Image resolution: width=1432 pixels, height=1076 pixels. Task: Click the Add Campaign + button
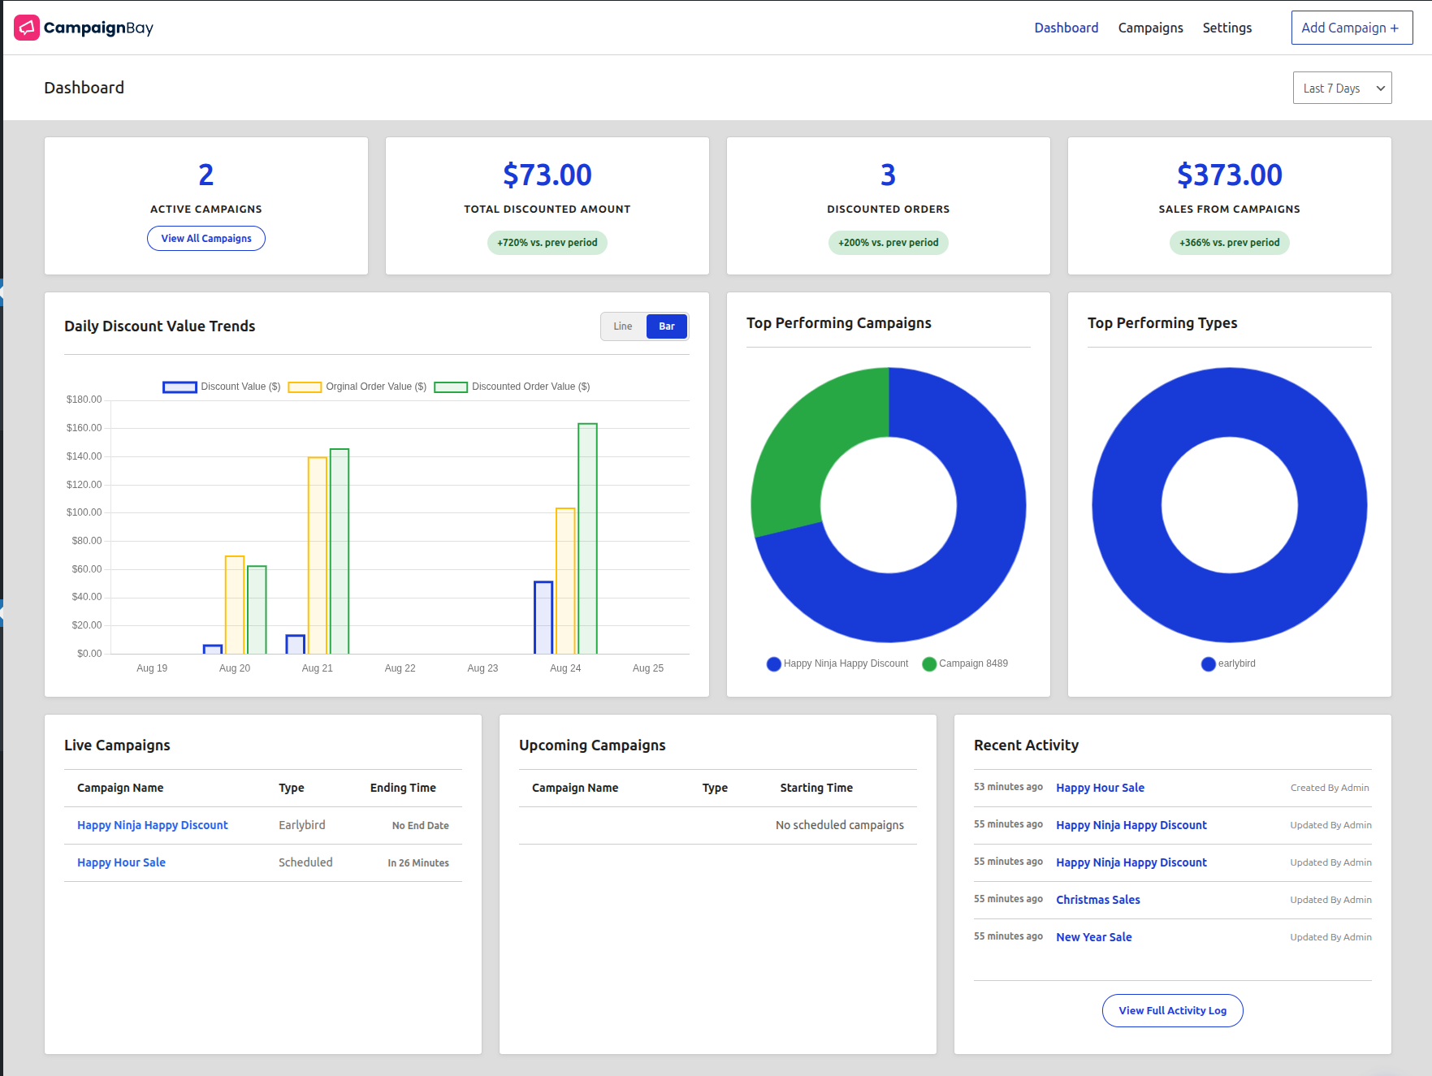tap(1351, 28)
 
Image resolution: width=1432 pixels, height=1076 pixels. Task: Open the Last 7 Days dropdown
tap(1341, 88)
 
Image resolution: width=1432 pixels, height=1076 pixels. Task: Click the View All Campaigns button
tap(205, 238)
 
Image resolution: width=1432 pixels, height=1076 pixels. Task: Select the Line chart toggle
tap(623, 326)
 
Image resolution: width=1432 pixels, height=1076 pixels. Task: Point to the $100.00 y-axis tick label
tap(84, 512)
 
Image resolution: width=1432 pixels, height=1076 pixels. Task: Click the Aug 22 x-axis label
tap(400, 668)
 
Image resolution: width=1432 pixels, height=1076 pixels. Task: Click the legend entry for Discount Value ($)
tap(222, 387)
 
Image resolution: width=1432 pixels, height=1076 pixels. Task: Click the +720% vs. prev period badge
tap(547, 243)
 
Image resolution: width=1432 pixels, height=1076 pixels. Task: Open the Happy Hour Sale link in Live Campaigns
tap(121, 862)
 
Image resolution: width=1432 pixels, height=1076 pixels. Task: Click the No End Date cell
tap(420, 825)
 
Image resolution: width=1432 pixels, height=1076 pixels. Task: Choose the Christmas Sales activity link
tap(1097, 900)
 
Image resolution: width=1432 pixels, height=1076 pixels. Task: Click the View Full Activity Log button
tap(1171, 1010)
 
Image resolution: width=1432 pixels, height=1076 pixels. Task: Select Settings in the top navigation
tap(1227, 28)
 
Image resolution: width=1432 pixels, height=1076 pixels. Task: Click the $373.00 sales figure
tap(1228, 175)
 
